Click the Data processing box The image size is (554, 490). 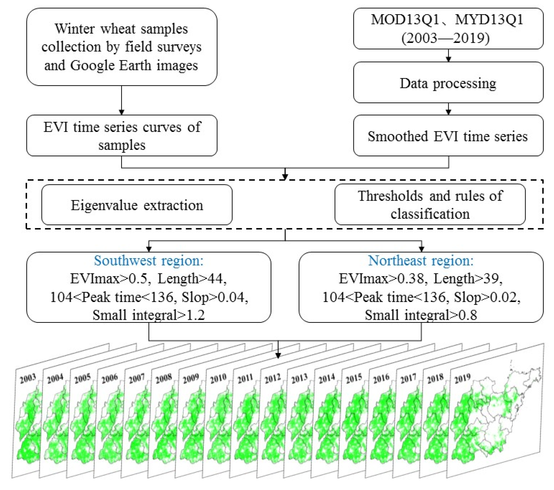[448, 83]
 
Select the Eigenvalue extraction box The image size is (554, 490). [137, 205]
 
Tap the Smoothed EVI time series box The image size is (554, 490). [448, 136]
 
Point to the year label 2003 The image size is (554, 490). [28, 378]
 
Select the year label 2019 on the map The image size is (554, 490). [462, 378]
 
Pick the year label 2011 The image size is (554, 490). [245, 378]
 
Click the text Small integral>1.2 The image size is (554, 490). [149, 315]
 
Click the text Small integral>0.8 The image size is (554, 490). [421, 315]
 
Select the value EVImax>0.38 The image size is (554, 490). [383, 278]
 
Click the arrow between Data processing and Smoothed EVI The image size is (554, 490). [448, 109]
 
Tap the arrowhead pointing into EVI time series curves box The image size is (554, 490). [121, 112]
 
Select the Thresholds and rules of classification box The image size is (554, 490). [430, 205]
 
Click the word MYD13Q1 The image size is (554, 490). [489, 19]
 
